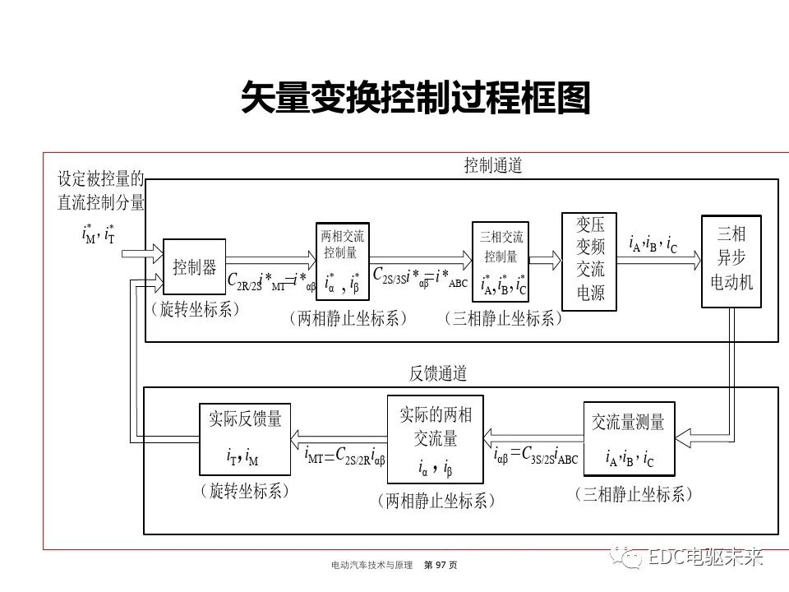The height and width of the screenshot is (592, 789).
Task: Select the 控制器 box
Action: tap(194, 266)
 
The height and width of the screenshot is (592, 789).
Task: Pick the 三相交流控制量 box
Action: tap(501, 261)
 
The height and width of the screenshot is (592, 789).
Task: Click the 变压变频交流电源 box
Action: tap(589, 259)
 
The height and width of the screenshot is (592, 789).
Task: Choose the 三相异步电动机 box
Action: tap(731, 261)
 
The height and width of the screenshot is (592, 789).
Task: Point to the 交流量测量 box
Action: tap(629, 439)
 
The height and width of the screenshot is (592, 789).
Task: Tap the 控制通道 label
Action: tap(493, 166)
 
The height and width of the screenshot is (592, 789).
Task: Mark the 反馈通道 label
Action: tap(438, 373)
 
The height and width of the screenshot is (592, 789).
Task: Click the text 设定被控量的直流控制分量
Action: tap(100, 190)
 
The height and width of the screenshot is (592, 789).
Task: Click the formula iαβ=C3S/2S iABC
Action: tap(536, 455)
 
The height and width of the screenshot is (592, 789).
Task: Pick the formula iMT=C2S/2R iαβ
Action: tap(344, 455)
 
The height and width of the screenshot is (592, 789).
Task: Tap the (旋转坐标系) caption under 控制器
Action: tap(194, 310)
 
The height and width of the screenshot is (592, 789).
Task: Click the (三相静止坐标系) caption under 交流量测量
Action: tap(633, 493)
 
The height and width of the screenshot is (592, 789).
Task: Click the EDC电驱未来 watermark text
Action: tap(706, 557)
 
